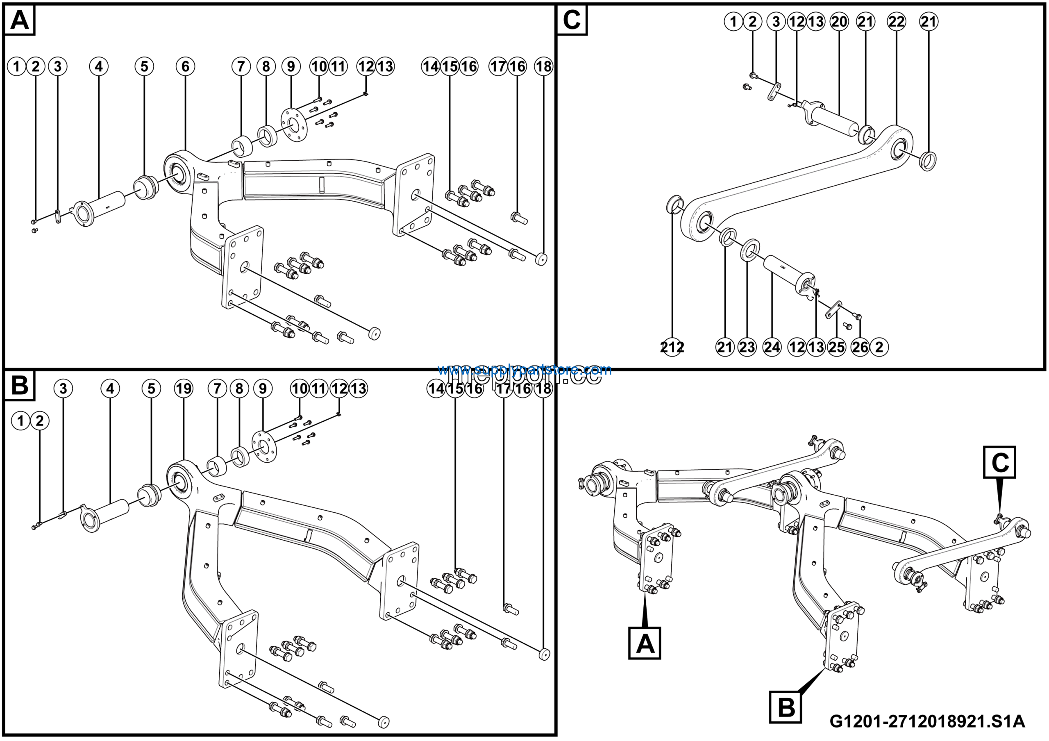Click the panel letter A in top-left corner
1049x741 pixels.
(19, 20)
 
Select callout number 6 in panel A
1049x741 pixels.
(185, 67)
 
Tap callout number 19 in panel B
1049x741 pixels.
(184, 389)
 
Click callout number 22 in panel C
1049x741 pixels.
(896, 21)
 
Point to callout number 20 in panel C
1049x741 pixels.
(839, 21)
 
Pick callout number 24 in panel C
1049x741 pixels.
(772, 347)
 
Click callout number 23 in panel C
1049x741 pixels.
(747, 347)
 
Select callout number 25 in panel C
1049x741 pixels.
(837, 347)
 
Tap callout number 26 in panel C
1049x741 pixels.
(860, 347)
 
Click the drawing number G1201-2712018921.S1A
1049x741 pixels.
(927, 722)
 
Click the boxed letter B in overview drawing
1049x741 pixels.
(786, 708)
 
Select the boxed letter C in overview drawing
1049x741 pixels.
(1000, 463)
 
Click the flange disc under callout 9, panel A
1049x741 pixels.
(294, 123)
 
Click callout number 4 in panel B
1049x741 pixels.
(110, 389)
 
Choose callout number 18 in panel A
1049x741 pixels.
(543, 67)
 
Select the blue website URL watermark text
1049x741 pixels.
(524, 369)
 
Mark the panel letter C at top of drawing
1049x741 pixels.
(572, 20)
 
